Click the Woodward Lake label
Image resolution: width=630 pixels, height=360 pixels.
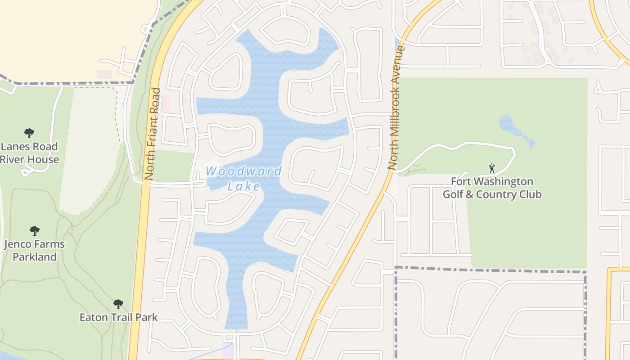coord(244,178)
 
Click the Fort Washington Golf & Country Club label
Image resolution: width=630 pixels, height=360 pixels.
coord(492,188)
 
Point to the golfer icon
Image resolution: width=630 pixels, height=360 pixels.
coord(491,168)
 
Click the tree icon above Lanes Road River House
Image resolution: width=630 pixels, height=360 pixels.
coord(29,133)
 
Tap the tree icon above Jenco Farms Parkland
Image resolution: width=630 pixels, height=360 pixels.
coord(35,231)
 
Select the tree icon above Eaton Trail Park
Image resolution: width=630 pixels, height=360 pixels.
coord(118,304)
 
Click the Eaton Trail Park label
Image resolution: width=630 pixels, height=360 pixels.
coord(118,317)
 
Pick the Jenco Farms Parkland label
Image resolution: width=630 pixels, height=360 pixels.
coord(34,251)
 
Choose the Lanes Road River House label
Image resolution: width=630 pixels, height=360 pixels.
coord(29,153)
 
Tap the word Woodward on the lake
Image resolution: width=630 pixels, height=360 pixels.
coord(244,171)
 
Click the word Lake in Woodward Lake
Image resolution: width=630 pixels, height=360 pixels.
coord(243,186)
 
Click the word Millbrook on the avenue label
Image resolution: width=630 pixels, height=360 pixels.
coord(395,116)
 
